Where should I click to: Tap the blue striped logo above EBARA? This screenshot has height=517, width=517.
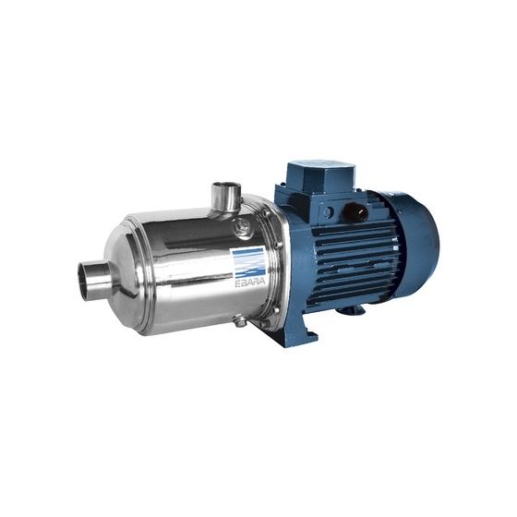249,263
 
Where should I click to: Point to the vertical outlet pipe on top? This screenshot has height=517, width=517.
226,197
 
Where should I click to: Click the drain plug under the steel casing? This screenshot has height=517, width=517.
240,320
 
